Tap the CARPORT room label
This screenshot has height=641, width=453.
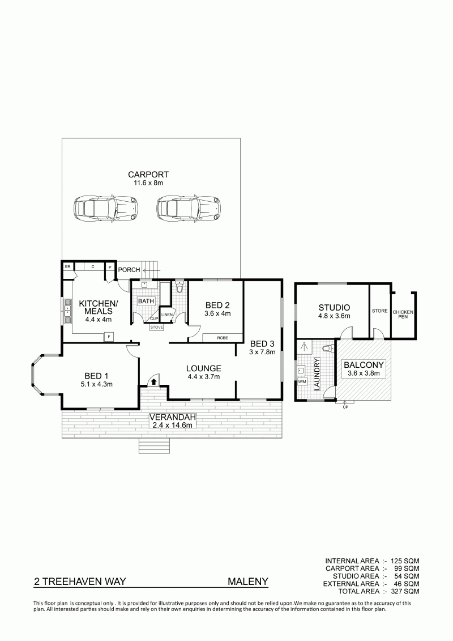[148, 175]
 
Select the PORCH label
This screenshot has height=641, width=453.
[129, 270]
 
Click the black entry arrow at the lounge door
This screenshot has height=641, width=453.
[153, 381]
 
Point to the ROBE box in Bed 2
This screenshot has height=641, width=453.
[223, 338]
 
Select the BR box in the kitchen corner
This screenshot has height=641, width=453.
[68, 266]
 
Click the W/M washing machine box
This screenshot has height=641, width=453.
[302, 382]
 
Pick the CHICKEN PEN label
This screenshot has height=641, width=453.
[403, 315]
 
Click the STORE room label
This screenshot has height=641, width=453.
[379, 311]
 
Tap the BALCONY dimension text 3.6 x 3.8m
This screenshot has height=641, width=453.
[364, 373]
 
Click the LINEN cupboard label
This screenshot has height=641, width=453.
[166, 315]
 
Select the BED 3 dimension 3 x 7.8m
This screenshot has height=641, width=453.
[262, 351]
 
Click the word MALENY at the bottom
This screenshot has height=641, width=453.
[248, 581]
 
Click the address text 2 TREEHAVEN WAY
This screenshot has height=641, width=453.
[80, 581]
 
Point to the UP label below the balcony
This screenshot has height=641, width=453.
[345, 407]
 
